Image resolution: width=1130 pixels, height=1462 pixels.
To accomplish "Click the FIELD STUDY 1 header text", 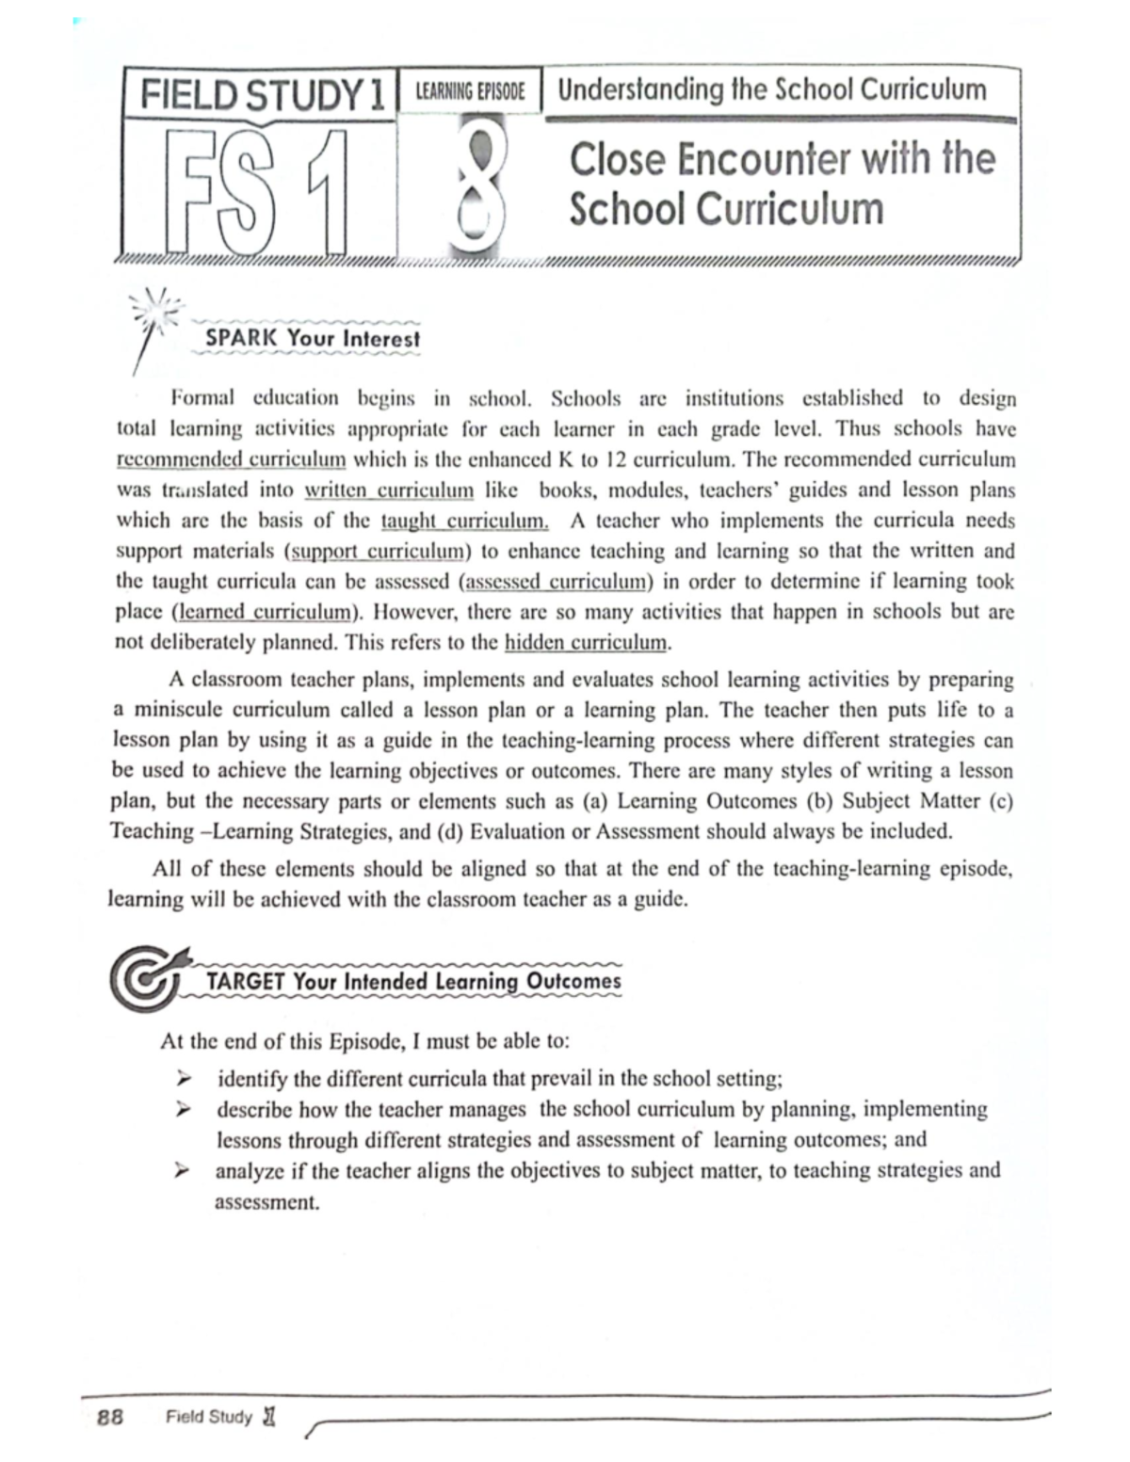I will coord(261,95).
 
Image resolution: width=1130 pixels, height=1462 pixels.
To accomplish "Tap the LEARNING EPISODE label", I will coord(470,91).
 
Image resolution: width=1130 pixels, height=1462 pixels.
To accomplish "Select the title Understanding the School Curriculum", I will coord(771,89).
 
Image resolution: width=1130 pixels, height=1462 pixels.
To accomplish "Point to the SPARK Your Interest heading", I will coord(312,338).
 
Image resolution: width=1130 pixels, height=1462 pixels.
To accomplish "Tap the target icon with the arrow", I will coord(148,979).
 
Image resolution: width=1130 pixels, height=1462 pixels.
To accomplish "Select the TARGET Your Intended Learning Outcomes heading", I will coord(413,981).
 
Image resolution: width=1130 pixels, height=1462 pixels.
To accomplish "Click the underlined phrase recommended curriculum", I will coord(231,459).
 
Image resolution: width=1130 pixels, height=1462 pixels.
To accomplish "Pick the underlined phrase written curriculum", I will coord(388,490).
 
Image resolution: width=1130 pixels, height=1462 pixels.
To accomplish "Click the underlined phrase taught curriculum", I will coord(464,521).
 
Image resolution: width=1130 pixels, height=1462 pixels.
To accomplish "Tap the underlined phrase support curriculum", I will coord(378,551).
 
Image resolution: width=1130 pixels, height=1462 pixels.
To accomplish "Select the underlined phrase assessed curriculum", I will coord(557,582).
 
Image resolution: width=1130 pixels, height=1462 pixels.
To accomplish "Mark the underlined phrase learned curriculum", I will coord(264,612).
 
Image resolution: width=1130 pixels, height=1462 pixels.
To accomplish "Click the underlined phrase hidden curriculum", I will coord(586,643).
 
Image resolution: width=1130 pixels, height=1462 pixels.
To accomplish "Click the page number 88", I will coord(110,1417).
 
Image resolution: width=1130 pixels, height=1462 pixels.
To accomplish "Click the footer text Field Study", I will coord(209,1417).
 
